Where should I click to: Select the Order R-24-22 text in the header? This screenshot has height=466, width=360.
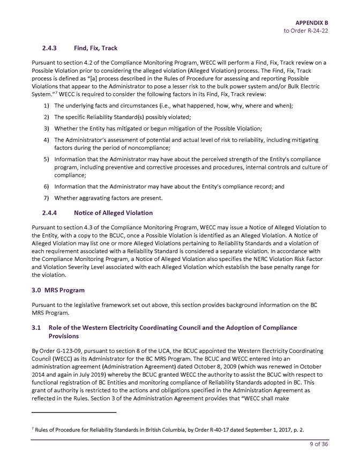[305, 31]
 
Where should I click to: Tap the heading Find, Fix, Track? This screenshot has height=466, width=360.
[95, 48]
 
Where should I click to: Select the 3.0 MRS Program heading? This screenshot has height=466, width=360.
[58, 290]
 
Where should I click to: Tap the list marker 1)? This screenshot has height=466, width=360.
[47, 106]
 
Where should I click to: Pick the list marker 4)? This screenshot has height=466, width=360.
[47, 140]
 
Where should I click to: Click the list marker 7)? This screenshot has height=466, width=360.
[47, 198]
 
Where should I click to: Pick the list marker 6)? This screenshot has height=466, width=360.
[47, 186]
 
